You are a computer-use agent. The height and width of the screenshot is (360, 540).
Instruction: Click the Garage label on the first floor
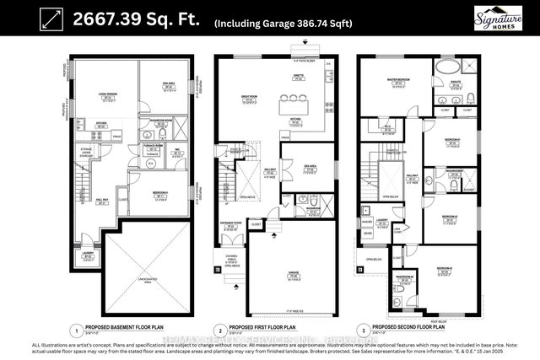296,271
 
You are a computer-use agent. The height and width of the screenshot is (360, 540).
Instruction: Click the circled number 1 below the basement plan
76,330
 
